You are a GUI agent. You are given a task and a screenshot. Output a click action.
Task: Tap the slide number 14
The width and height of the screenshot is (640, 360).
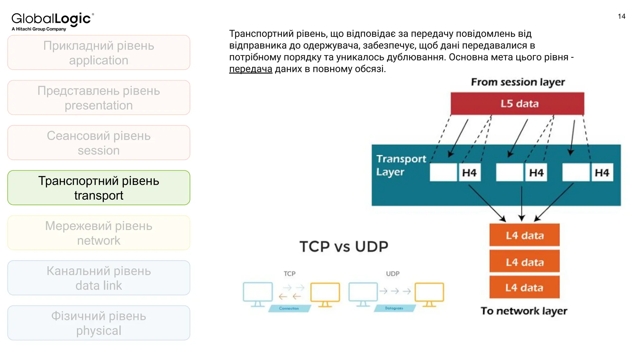tap(621, 17)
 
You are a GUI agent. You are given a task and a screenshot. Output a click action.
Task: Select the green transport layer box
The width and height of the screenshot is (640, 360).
tap(99, 188)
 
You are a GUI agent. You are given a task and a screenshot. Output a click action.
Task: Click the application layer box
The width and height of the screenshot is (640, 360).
tap(99, 52)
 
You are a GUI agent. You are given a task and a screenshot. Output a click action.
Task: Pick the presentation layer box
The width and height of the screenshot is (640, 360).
tap(99, 98)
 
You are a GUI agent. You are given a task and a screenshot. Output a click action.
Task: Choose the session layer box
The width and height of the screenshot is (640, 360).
tap(99, 143)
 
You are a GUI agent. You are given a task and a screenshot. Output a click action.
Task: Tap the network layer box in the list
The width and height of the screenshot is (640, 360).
tap(99, 233)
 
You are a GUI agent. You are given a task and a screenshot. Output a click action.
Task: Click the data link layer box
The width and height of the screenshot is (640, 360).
tap(99, 278)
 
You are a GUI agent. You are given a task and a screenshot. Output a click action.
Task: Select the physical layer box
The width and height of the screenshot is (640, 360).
tap(99, 323)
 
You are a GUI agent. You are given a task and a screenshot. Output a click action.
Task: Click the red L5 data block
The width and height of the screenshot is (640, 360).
tap(517, 104)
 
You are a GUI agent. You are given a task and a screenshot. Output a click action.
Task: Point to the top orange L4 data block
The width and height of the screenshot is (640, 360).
tap(524, 235)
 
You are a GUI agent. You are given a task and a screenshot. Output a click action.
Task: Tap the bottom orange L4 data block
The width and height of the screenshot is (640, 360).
tap(524, 287)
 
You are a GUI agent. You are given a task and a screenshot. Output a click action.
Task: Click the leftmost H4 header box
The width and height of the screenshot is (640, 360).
tap(469, 172)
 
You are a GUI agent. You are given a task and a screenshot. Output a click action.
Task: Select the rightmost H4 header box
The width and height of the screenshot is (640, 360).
tap(602, 172)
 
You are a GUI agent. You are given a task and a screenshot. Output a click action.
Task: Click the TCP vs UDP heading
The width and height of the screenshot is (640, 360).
tap(344, 247)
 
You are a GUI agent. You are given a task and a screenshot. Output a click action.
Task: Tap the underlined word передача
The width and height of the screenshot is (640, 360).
tap(251, 69)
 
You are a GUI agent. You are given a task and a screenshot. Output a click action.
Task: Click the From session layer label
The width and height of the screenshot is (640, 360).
tap(518, 82)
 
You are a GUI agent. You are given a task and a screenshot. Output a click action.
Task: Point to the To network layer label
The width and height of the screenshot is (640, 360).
tap(524, 311)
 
